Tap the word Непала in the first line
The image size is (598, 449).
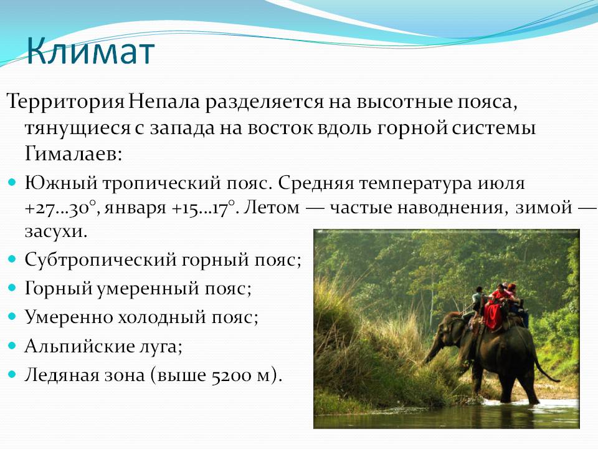click(x=164, y=102)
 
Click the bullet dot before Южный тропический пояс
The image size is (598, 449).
click(x=12, y=182)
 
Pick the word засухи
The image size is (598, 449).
click(x=56, y=232)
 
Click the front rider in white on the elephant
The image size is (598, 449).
click(x=477, y=301)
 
